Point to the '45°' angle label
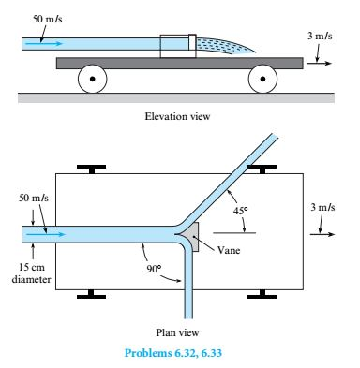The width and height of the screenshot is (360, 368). [241, 211]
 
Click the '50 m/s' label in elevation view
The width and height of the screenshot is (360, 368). [45, 18]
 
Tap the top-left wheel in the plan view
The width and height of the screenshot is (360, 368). [92, 170]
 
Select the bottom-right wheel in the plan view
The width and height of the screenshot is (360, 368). [260, 296]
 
